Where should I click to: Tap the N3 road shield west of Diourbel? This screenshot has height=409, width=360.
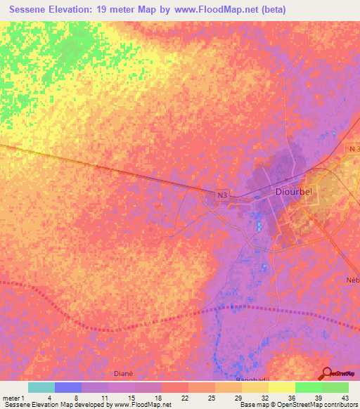(222, 194)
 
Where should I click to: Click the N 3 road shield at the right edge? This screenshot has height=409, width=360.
(354, 150)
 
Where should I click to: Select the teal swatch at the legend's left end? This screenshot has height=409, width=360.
(41, 387)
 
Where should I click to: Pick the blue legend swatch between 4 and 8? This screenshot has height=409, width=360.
(68, 387)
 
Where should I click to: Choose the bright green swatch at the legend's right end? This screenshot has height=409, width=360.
(335, 387)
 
